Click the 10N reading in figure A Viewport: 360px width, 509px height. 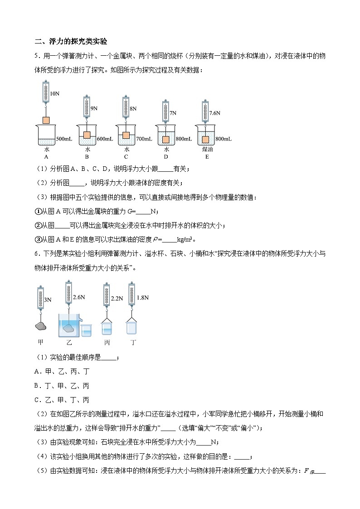(x=54, y=94)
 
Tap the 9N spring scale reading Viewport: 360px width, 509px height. (x=94, y=109)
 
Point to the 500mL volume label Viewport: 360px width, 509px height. (x=64, y=139)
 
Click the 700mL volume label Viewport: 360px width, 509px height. (x=143, y=139)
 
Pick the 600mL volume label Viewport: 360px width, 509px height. (x=104, y=139)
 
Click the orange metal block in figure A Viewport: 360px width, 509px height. (x=46, y=121)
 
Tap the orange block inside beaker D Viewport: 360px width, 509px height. (x=166, y=139)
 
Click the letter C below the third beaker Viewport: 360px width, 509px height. (x=126, y=157)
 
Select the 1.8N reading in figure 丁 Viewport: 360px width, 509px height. (x=143, y=297)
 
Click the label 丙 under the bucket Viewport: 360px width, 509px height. (x=107, y=343)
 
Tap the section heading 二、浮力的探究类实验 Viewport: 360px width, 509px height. (x=71, y=41)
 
